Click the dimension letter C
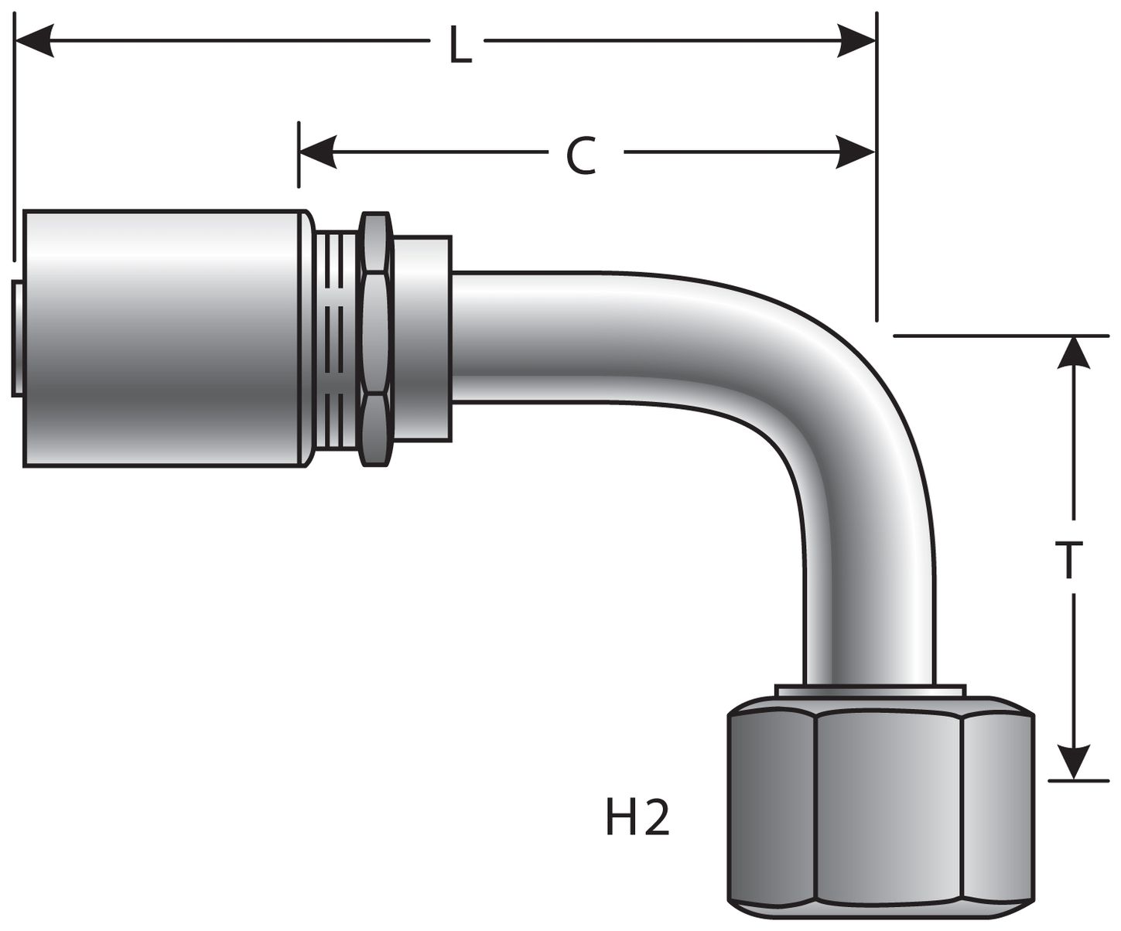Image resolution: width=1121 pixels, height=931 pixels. point(581,156)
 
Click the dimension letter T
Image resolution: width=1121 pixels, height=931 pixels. point(1068,559)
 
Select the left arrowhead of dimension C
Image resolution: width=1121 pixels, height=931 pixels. point(318,152)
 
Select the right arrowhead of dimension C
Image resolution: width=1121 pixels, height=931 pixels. point(856,152)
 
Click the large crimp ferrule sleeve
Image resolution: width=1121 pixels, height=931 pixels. point(162,338)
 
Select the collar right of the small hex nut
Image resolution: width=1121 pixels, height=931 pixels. point(422,339)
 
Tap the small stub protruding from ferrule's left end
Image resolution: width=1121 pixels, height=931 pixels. point(17,339)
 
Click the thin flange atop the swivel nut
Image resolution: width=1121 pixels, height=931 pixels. point(870,691)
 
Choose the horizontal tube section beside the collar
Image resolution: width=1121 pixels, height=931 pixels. point(542,337)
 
